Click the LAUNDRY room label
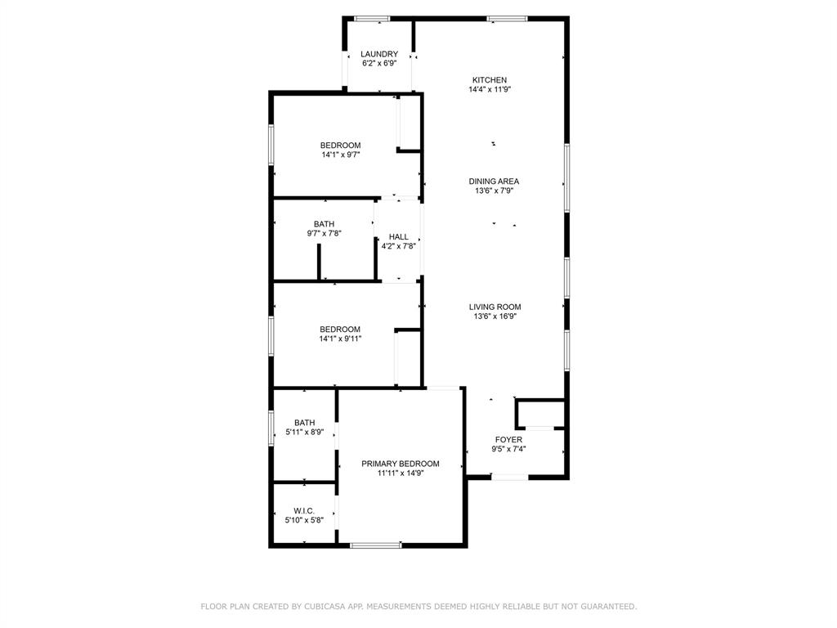pos(379,54)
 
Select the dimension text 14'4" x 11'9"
pos(490,90)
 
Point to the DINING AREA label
pos(494,182)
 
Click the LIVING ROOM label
pos(495,307)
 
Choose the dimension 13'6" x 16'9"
pos(495,316)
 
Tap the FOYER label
pos(508,440)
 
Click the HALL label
pos(399,237)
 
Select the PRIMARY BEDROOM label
pos(401,464)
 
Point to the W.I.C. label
pos(304,510)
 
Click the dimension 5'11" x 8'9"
pos(304,432)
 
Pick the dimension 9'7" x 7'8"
pos(324,233)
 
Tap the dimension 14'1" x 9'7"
pos(340,155)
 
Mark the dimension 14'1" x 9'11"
pos(340,339)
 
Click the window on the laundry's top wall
pos(372,18)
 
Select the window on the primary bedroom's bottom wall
pos(376,545)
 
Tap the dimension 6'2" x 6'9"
pos(379,63)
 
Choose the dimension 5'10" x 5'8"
pos(304,519)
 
